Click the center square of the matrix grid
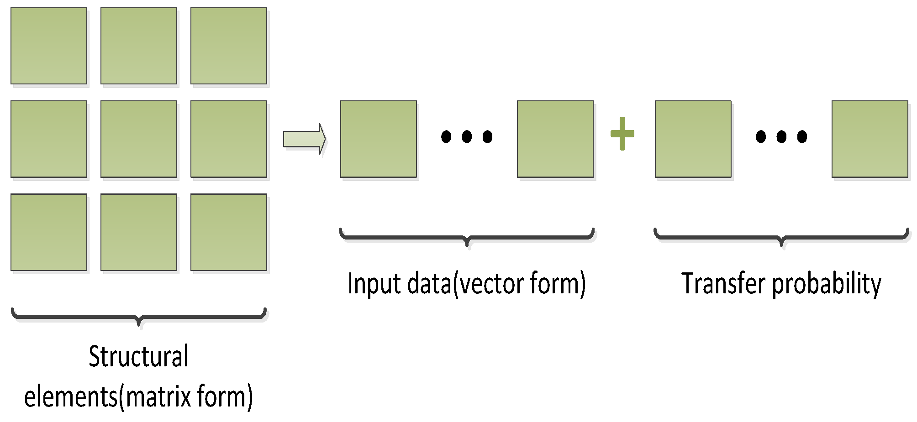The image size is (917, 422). click(139, 139)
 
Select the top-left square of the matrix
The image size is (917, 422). click(49, 46)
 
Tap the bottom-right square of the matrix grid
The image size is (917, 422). click(229, 232)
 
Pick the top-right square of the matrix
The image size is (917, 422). click(229, 46)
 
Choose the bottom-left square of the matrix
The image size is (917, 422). click(49, 232)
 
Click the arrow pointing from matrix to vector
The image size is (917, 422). click(304, 139)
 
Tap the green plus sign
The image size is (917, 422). click(622, 134)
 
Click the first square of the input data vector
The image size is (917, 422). click(379, 139)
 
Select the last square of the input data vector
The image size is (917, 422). click(555, 139)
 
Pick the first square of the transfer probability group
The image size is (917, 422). click(693, 139)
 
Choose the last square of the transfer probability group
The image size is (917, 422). click(870, 139)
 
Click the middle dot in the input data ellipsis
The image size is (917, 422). click(467, 136)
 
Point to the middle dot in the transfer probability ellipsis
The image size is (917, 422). click(781, 136)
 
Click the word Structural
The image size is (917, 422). click(138, 356)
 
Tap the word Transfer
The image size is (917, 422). click(723, 283)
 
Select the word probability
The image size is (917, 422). click(827, 284)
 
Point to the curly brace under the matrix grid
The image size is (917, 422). click(139, 317)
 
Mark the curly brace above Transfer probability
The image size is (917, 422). click(781, 237)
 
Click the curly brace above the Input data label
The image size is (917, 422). click(467, 237)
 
